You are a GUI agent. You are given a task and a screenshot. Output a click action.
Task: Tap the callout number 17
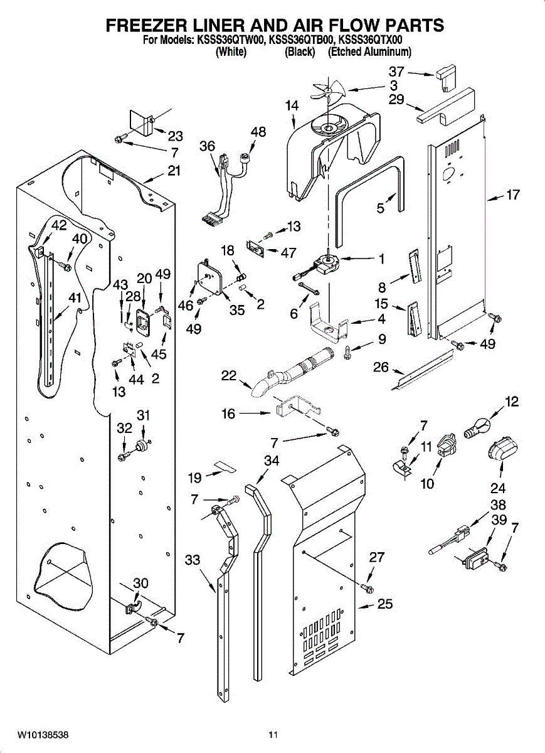[512, 195]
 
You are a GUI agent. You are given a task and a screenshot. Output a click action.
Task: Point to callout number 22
[229, 376]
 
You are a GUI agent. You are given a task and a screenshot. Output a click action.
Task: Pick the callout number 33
[194, 560]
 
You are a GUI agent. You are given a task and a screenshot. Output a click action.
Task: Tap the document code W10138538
[43, 734]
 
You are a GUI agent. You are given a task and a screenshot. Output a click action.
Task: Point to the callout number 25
[384, 604]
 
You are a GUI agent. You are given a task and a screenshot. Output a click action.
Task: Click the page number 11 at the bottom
[273, 734]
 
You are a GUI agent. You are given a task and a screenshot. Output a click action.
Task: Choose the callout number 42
[58, 226]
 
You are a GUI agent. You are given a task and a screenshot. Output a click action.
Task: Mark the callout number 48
[258, 132]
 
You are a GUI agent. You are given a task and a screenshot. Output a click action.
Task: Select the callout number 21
[174, 170]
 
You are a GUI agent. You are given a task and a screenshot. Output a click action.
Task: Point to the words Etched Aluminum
[369, 52]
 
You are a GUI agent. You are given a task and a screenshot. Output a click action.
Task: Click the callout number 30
[141, 583]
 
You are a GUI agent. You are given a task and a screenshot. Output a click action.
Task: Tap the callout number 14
[292, 106]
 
